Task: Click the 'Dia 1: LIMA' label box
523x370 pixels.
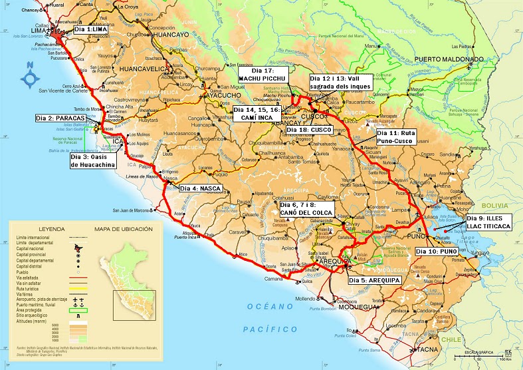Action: pyautogui.click(x=89, y=30)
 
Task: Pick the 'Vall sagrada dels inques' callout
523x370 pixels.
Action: pyautogui.click(x=342, y=82)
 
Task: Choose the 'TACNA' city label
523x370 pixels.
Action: pyautogui.click(x=425, y=349)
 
